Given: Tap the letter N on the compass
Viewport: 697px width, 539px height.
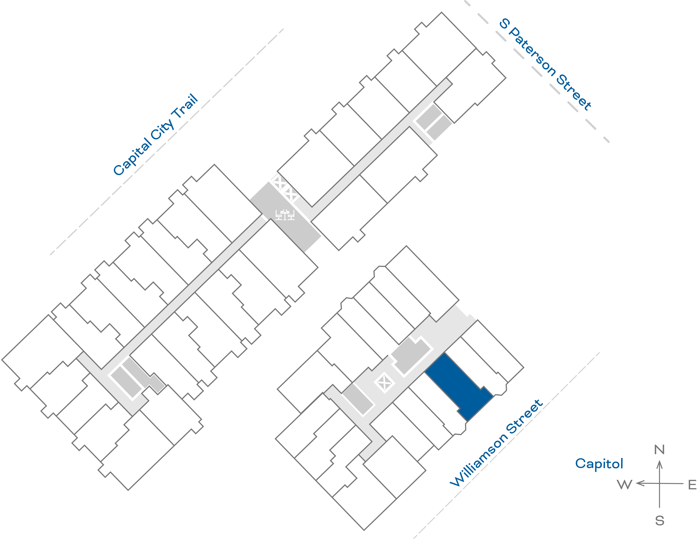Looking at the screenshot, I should coord(659,450).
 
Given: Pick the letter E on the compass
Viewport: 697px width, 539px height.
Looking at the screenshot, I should coord(692,485).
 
